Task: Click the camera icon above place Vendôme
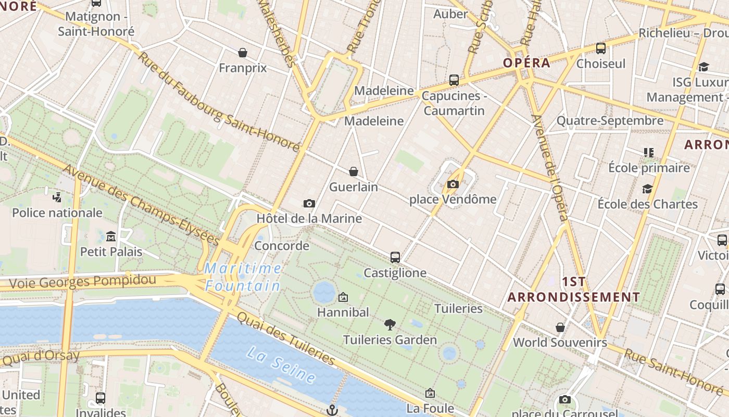453,184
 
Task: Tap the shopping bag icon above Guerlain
354,171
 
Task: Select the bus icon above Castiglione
395,257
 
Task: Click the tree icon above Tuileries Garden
389,325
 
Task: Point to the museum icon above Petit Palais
110,237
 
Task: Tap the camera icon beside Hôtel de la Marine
309,203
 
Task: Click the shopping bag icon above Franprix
243,53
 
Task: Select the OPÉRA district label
526,63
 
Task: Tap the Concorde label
282,246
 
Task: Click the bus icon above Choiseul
601,48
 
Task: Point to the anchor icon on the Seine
332,410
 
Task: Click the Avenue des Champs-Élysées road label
141,205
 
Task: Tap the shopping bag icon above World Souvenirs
560,327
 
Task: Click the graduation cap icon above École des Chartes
647,189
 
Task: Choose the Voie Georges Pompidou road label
82,282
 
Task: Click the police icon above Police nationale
57,198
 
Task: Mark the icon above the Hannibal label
343,297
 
